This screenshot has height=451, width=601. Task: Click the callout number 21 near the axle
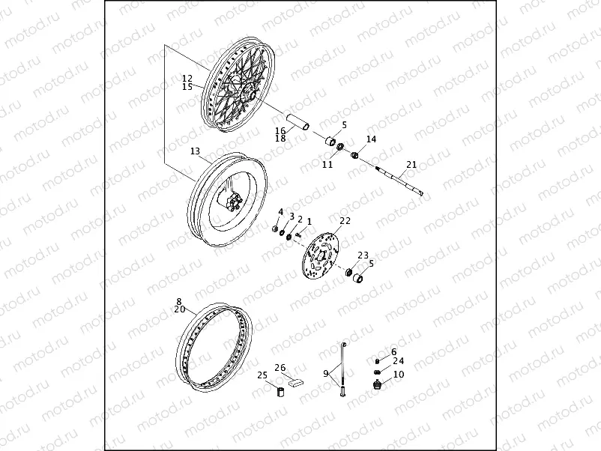point(411,165)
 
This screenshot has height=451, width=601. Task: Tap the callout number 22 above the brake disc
point(345,221)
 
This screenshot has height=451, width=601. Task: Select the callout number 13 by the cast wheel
point(195,151)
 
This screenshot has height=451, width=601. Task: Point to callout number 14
point(371,139)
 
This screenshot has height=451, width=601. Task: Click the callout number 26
point(280,367)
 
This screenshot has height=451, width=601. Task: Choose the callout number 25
point(262,375)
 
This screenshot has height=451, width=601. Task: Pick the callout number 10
point(398,374)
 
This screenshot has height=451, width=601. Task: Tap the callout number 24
point(398,361)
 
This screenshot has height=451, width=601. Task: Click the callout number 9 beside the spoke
point(326,373)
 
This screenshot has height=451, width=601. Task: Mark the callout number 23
point(363,255)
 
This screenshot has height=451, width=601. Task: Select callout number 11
point(327,164)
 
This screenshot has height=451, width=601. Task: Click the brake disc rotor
point(320,259)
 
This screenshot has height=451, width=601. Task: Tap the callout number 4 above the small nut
point(281,212)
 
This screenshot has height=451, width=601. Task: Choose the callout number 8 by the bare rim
point(179,301)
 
